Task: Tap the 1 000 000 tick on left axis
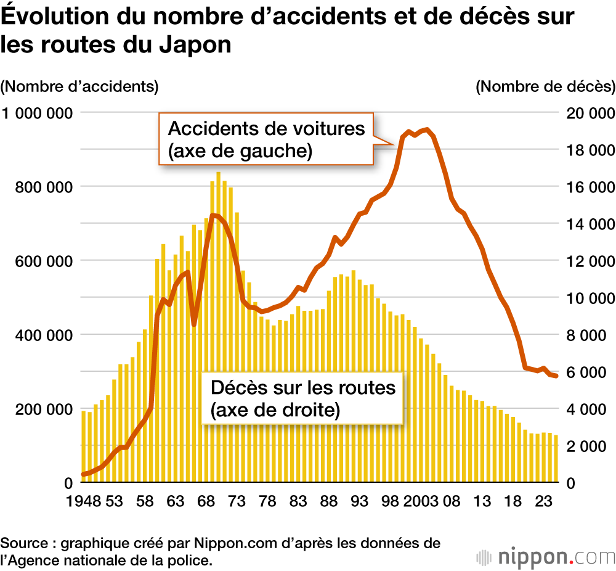pyautogui.click(x=37, y=113)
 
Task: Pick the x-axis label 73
pyautogui.click(x=237, y=501)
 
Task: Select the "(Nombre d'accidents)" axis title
pyautogui.click(x=79, y=86)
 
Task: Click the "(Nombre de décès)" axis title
pyautogui.click(x=545, y=86)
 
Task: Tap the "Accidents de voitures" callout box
pyautogui.click(x=266, y=139)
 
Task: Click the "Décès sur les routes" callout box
pyautogui.click(x=302, y=398)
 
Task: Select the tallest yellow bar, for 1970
pyautogui.click(x=219, y=327)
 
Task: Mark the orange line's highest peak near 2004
pyautogui.click(x=427, y=129)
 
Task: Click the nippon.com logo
pyautogui.click(x=546, y=556)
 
